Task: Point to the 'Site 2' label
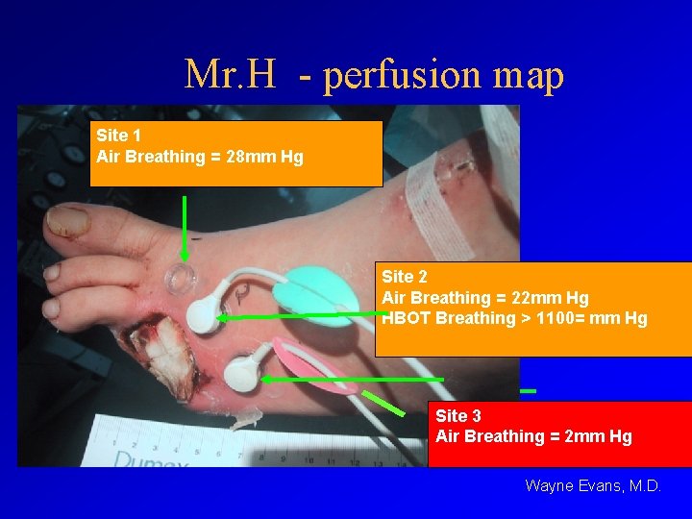point(405,278)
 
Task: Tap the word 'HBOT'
point(407,318)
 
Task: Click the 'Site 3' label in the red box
point(458,416)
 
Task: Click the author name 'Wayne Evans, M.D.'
point(593,486)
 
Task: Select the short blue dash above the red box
point(527,391)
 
